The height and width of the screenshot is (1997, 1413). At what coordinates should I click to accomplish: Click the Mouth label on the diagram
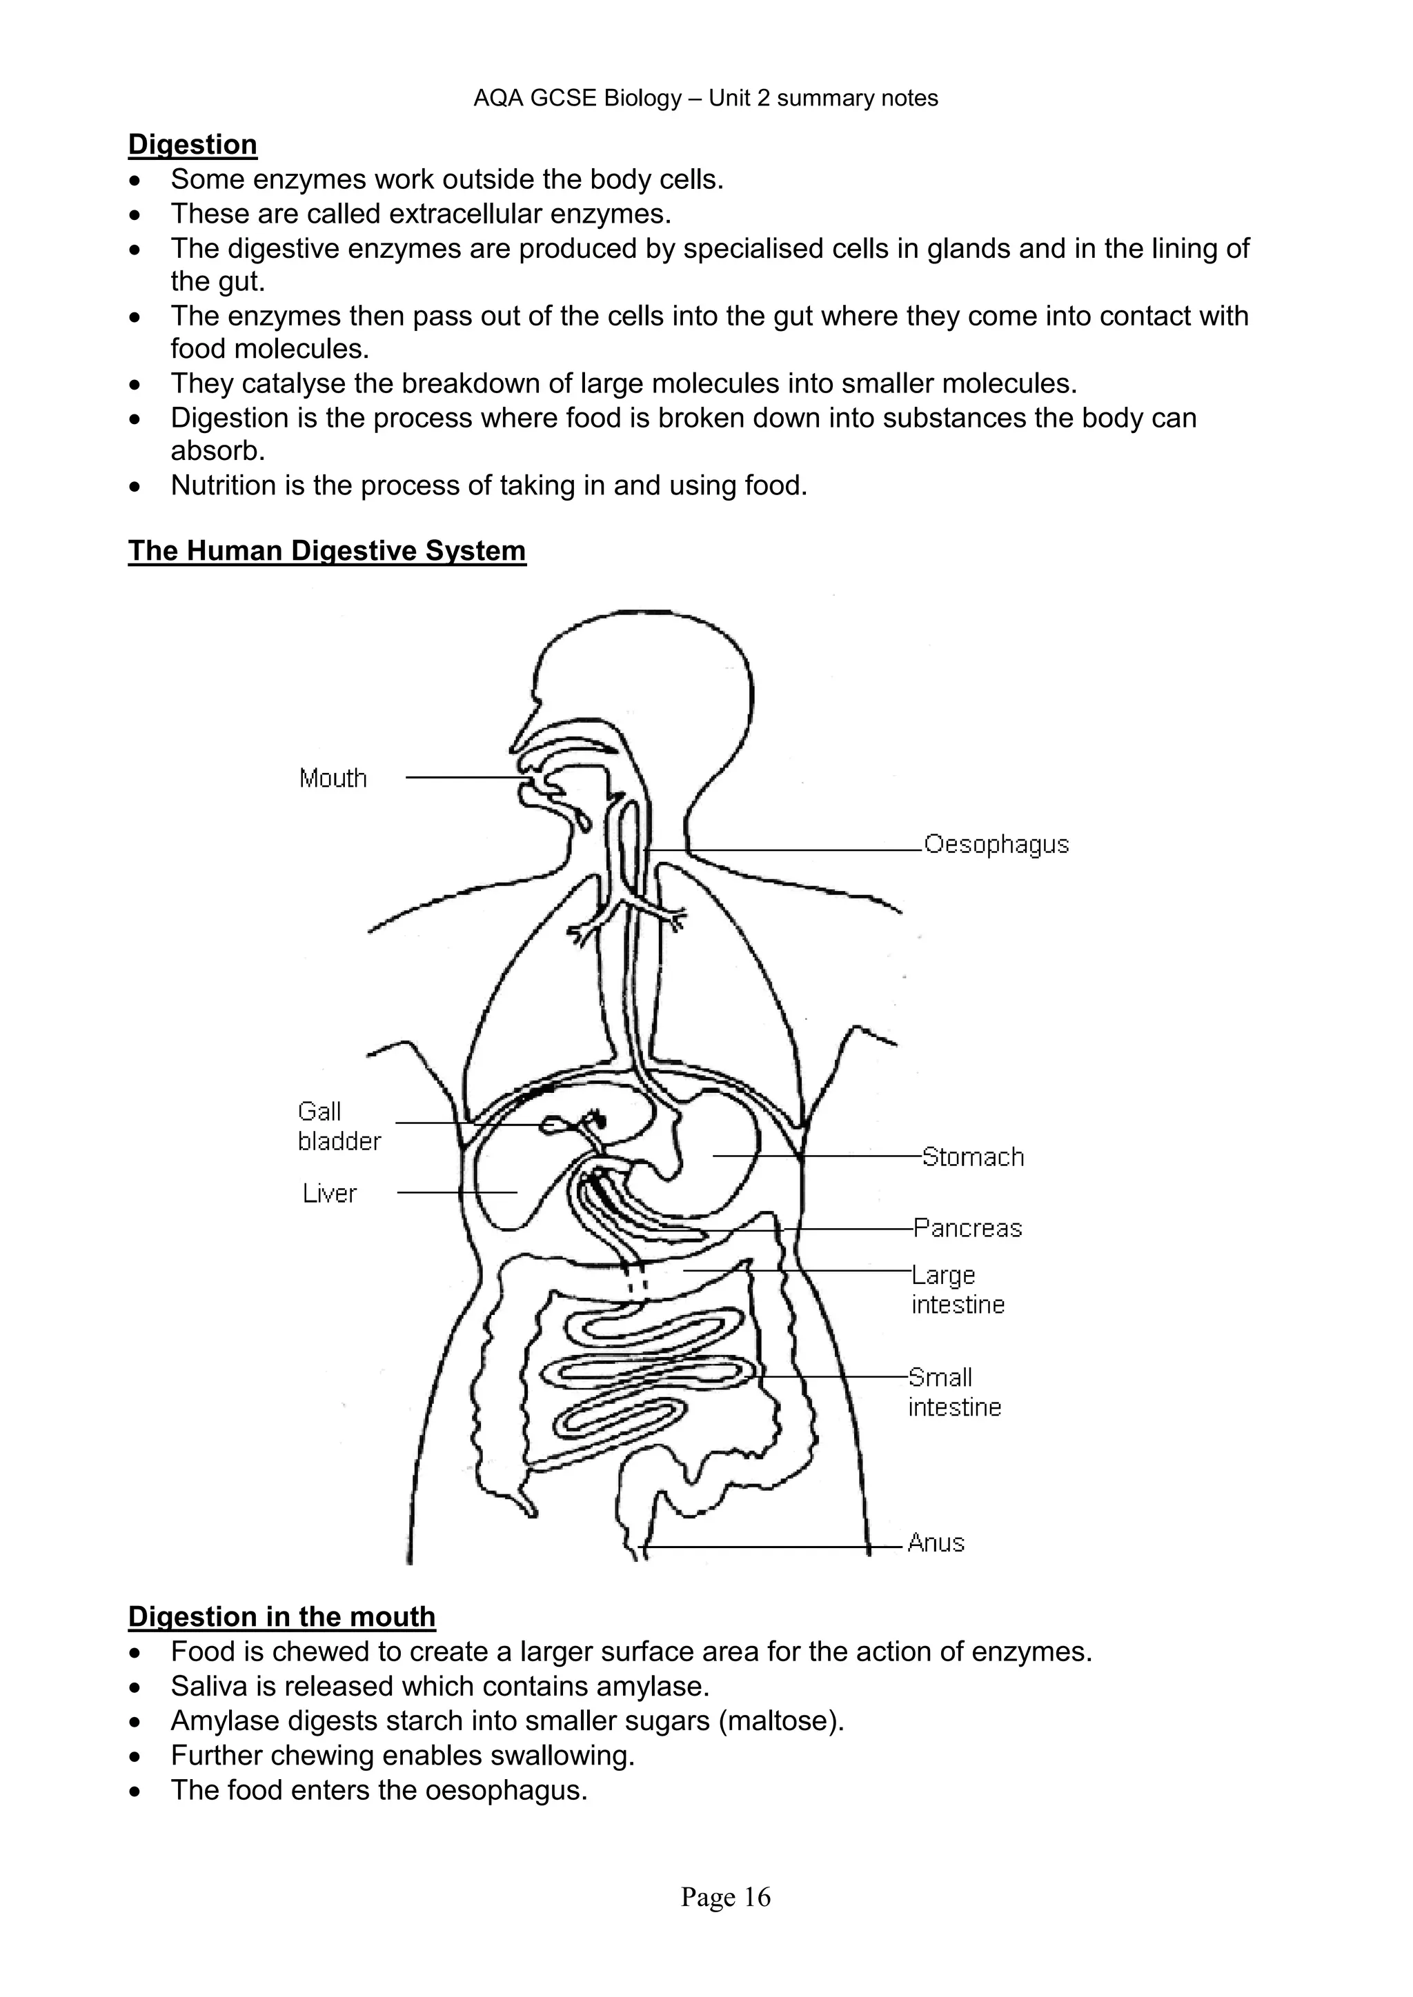point(333,778)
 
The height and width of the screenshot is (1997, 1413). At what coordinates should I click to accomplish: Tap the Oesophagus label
point(996,845)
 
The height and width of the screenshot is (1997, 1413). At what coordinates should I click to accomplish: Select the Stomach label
point(973,1157)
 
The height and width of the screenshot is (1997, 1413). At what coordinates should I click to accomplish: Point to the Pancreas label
point(967,1228)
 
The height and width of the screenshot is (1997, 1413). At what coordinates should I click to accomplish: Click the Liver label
point(330,1194)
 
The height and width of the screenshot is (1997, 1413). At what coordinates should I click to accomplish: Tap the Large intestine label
point(957,1290)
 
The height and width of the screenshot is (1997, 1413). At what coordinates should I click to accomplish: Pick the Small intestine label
point(954,1392)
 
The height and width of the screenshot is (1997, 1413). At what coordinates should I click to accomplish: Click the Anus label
point(936,1543)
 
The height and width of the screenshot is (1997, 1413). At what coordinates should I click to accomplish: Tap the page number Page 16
point(726,1897)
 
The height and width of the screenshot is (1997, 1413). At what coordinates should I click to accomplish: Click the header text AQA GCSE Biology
point(577,99)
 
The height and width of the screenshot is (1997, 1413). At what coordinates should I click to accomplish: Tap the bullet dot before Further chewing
point(134,1756)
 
